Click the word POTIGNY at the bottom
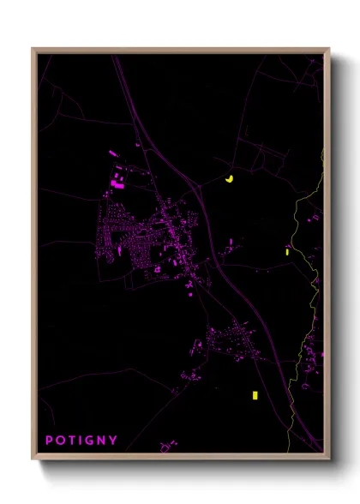tap(81, 441)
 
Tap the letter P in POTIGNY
tap(49, 441)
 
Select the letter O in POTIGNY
tap(61, 441)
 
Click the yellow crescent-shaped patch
tap(229, 179)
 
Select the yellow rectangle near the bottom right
tap(255, 395)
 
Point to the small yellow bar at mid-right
tap(288, 251)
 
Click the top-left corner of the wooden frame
tap(33, 50)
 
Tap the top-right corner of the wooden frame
tap(328, 50)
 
